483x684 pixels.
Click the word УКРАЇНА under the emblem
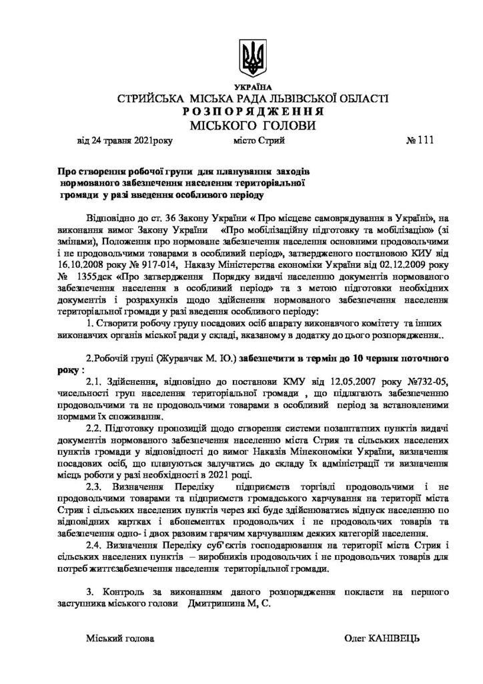point(253,88)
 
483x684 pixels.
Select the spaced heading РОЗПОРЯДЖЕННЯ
point(252,112)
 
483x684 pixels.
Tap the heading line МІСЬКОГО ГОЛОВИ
point(252,125)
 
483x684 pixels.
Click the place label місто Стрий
point(260,141)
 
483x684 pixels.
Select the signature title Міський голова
point(120,639)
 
